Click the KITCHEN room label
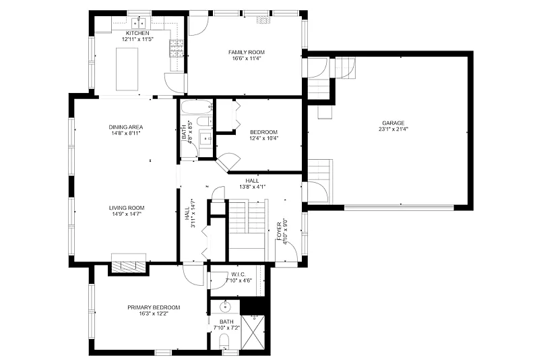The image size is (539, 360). coord(137,33)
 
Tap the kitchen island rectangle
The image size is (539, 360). coord(127,69)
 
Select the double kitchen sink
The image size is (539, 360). coord(139,24)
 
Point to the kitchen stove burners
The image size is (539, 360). coord(177,48)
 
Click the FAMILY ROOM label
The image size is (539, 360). coord(247,53)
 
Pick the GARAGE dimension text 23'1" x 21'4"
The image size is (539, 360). coord(393,129)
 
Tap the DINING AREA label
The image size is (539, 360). coord(126,127)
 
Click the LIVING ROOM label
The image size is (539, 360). coord(127,208)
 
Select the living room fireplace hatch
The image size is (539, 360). coord(129,267)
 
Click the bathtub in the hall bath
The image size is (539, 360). coord(197,108)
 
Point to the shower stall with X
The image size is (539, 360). coord(254,332)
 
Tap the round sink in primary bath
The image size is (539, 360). coord(226,307)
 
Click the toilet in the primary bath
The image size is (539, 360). coord(224,340)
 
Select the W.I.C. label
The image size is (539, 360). coord(239,274)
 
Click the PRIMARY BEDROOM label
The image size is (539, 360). coord(154,307)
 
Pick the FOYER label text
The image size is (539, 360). coord(279,231)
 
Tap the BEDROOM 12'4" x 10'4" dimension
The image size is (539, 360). coord(263,138)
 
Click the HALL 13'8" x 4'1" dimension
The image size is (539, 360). coord(253,187)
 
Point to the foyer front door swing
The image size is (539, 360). coord(286,252)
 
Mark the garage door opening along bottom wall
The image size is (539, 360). coord(399,208)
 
